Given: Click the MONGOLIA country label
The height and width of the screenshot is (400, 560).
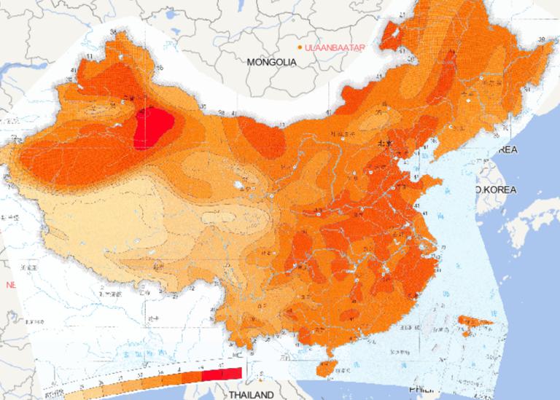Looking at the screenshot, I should pyautogui.click(x=271, y=63).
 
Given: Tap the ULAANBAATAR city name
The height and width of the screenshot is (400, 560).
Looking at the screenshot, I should pyautogui.click(x=335, y=47).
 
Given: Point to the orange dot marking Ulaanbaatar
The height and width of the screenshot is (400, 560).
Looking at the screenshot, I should pyautogui.click(x=300, y=47).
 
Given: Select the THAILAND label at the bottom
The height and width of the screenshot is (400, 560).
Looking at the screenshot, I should pyautogui.click(x=252, y=394).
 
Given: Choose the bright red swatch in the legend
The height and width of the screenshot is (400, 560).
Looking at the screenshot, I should pyautogui.click(x=221, y=374).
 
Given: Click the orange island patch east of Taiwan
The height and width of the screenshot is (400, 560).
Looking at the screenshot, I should pyautogui.click(x=474, y=322).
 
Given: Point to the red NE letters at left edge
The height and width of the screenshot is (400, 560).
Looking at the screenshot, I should pyautogui.click(x=10, y=285).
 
